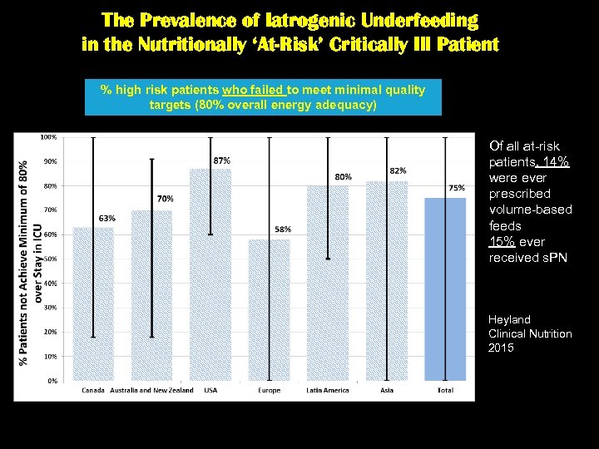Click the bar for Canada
tap(93, 303)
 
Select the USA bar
tap(210, 274)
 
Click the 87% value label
tap(222, 160)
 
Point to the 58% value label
tap(283, 229)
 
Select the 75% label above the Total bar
tap(457, 188)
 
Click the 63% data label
tap(106, 218)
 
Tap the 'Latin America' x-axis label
tap(328, 390)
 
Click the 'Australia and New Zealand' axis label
tap(152, 390)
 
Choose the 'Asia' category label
tap(386, 390)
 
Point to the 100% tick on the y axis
tap(48, 136)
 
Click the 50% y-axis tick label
tap(50, 259)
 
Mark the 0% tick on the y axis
tap(52, 381)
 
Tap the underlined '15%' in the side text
tap(503, 242)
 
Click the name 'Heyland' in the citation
tap(509, 319)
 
